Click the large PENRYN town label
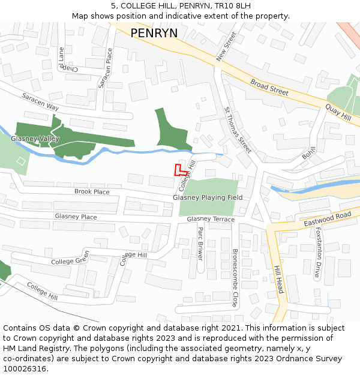(154, 32)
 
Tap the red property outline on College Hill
(179, 170)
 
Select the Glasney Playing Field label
(208, 197)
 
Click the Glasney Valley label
(35, 139)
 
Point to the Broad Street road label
(269, 88)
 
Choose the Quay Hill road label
(338, 112)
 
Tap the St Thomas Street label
(238, 130)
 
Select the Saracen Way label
(40, 101)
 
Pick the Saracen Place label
(106, 68)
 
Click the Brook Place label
(92, 192)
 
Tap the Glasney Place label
(76, 217)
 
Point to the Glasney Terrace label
(211, 220)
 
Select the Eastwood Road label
(327, 219)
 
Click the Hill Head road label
(277, 280)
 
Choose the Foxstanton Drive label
(318, 252)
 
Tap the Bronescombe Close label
(235, 278)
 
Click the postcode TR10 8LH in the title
(230, 5)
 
